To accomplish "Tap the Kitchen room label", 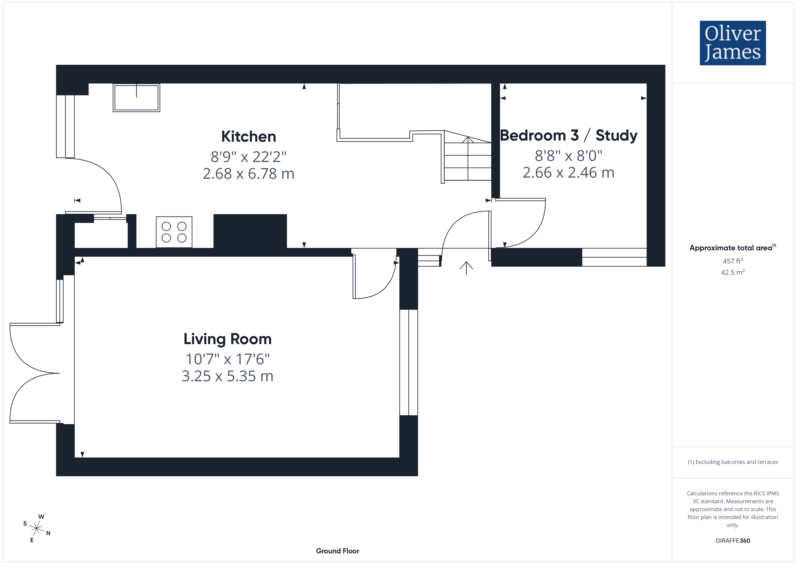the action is pos(248,136).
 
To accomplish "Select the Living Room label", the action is pos(227,339).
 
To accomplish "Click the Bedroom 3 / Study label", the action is pos(569,135).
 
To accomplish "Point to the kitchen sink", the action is pos(136,98).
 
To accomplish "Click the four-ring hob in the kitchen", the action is pos(174,232).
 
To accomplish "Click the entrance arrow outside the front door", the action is pos(466,268).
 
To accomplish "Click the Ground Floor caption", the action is pos(338,551).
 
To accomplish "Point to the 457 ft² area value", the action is pos(733,261).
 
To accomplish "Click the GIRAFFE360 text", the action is pos(733,540).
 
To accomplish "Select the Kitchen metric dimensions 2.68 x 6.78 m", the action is pos(248,174).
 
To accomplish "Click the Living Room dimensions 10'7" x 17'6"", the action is pos(227,359).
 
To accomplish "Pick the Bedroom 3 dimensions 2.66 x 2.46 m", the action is pos(569,173).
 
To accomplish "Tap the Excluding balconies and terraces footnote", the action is pos(733,462).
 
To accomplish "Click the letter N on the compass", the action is pos(48,533).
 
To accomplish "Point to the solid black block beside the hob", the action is pos(250,231).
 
